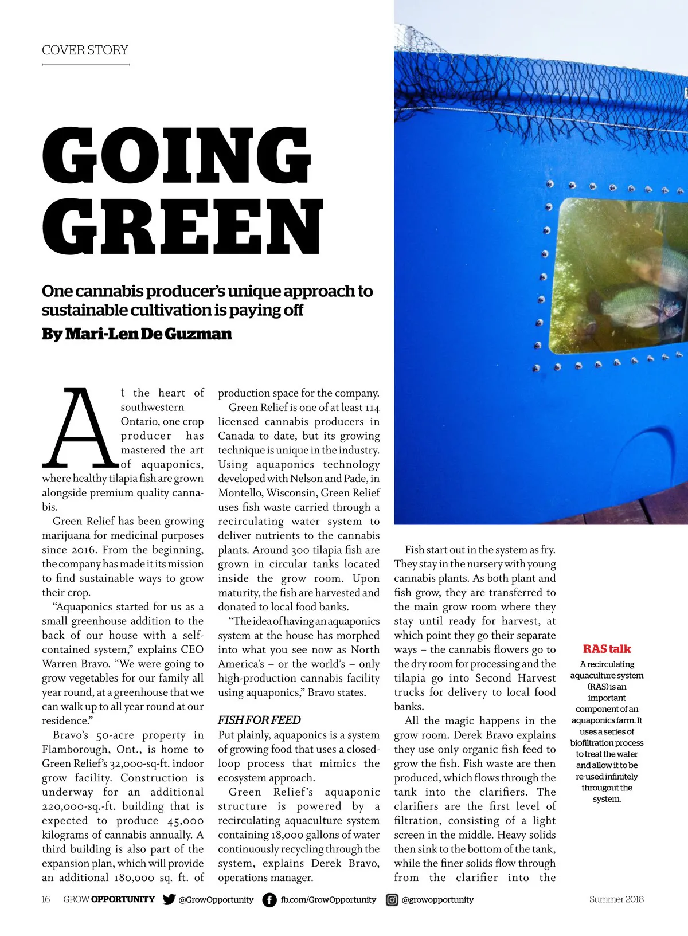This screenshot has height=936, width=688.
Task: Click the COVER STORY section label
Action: point(85,50)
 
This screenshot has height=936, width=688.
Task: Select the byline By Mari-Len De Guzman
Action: point(136,334)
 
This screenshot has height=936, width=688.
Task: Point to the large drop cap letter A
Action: point(78,427)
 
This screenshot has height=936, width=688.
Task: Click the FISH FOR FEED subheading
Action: point(259,720)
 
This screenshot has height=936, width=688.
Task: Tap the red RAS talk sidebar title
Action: point(607,649)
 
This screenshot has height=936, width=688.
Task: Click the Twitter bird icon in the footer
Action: point(169,899)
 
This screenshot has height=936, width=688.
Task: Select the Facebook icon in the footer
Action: point(269,900)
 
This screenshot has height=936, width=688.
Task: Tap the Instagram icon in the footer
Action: point(392,900)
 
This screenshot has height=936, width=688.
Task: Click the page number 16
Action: point(46,899)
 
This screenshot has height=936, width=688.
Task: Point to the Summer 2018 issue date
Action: point(616,899)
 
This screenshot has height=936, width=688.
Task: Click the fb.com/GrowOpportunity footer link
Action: point(328,900)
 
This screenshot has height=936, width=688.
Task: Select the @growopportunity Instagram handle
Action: point(437,900)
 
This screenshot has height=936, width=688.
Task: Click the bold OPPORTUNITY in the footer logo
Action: point(123,899)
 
